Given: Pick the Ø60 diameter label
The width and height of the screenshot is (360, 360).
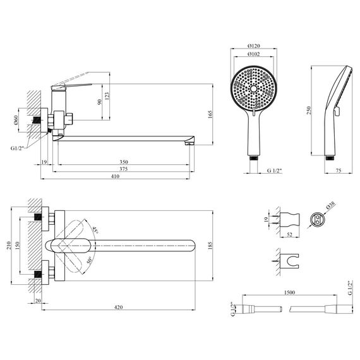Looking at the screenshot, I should click(16, 121).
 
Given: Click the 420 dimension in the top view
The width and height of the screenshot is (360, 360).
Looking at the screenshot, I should click(119, 308).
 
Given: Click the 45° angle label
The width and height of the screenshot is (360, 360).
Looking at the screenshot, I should click(95, 232).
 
